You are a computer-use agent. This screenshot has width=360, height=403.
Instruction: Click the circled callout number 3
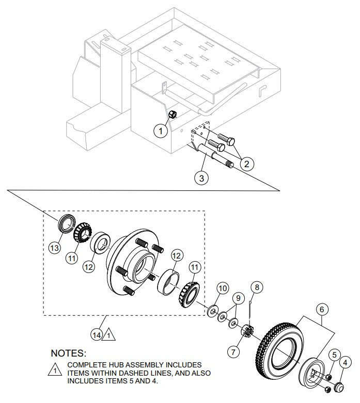click(202, 178)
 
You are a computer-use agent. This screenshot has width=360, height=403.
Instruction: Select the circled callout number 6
click(321, 309)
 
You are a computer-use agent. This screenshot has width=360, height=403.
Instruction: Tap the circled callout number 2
click(246, 164)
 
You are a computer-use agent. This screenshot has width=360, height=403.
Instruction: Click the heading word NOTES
click(68, 354)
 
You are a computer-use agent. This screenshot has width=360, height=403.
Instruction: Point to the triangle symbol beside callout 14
click(110, 335)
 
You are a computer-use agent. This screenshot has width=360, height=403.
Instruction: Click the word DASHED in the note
click(149, 372)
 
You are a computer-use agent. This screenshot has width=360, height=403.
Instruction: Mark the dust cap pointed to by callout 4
click(340, 385)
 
